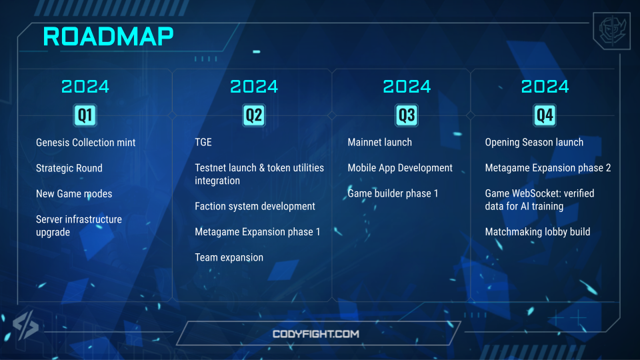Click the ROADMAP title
pos(108,37)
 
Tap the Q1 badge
pos(85,115)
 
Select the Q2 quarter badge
pos(254,115)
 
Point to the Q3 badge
pos(407,115)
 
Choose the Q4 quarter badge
pos(545,115)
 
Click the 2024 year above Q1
pos(85,87)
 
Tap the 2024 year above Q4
pos(545,87)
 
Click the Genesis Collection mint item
pos(86,143)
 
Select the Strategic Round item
pos(69,168)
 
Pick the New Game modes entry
pos(74,193)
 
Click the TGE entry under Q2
pos(203,142)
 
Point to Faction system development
pos(255,207)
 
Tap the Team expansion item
pos(229,257)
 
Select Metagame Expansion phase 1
pos(257,232)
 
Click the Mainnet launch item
pos(379,142)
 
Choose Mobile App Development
pos(400,168)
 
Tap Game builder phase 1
pos(393,193)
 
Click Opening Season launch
pos(534,143)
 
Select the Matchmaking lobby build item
pos(537,232)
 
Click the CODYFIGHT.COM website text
pos(316,334)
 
